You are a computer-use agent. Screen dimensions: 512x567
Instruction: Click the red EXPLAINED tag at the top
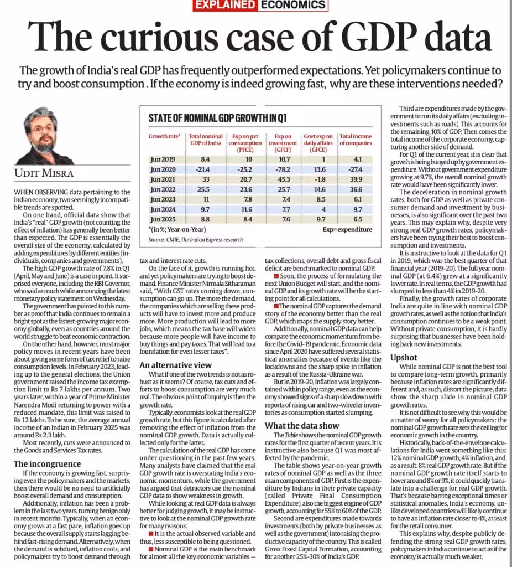tap(224, 5)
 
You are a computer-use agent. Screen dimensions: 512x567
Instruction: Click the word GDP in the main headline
tap(378, 37)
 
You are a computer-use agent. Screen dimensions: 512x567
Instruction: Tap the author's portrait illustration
tap(43, 136)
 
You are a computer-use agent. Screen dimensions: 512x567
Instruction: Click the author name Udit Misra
tap(44, 173)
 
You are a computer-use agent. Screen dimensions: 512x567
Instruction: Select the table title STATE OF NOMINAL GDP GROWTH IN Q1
tap(217, 118)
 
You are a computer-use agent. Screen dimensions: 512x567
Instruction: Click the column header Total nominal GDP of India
tap(206, 140)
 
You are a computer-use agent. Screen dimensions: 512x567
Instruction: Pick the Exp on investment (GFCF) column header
tap(283, 143)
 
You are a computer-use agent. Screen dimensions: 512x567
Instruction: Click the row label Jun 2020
tap(163, 169)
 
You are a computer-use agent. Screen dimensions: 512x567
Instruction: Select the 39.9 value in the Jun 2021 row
tap(356, 179)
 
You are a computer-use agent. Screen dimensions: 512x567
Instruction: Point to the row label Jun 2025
tap(163, 219)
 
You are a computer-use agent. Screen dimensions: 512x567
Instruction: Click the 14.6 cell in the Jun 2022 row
tap(320, 189)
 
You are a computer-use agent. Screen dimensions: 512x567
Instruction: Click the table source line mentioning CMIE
tap(195, 239)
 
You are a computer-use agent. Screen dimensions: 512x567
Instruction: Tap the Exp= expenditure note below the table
tap(347, 230)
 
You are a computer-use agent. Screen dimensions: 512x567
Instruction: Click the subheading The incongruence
tap(48, 464)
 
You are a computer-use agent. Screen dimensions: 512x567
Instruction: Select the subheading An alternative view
tap(175, 365)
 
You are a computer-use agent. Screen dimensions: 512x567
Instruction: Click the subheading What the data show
tap(302, 426)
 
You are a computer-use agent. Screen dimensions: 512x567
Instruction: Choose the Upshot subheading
tap(404, 358)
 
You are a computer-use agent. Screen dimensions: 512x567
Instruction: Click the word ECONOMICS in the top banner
tap(293, 4)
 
